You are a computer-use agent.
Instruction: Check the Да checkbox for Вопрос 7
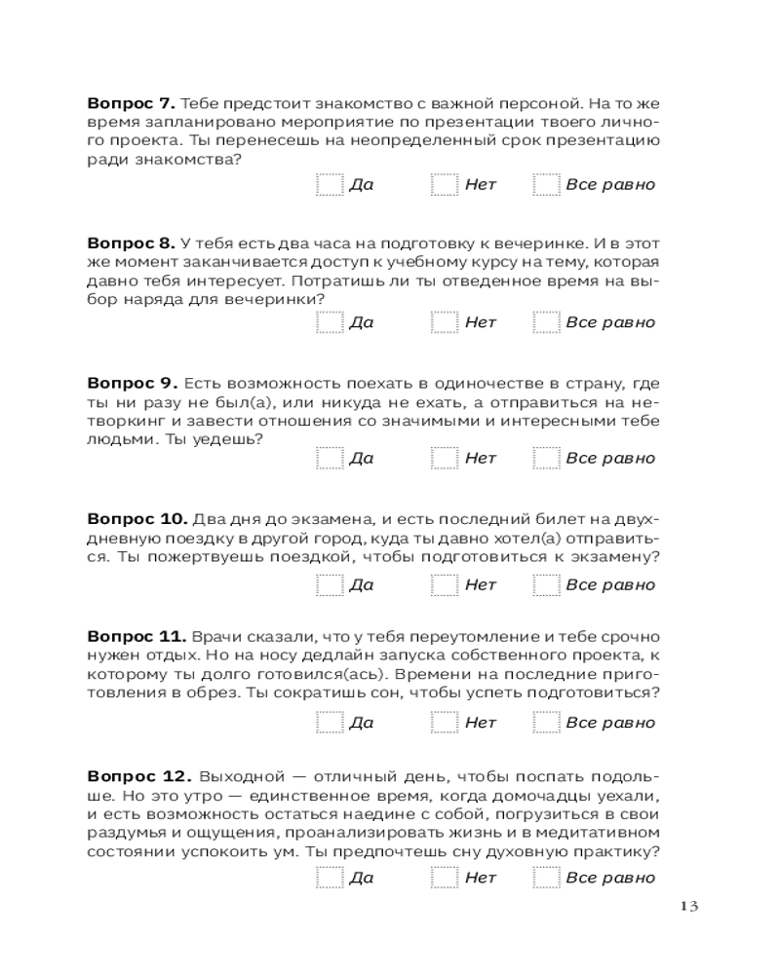(x=330, y=185)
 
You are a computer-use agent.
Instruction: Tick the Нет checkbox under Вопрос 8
(x=446, y=322)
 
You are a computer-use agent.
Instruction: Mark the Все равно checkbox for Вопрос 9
(x=546, y=459)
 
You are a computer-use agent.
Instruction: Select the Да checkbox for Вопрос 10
(x=330, y=585)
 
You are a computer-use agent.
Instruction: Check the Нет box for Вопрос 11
(x=446, y=723)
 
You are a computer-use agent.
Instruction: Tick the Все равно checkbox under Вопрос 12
(x=546, y=879)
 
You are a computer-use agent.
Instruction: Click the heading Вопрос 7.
(x=130, y=102)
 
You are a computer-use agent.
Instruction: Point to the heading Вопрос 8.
(x=130, y=241)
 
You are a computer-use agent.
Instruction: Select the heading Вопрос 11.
(x=134, y=636)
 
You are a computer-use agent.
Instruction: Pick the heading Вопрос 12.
(x=136, y=776)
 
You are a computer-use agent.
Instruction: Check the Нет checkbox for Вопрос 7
(x=446, y=185)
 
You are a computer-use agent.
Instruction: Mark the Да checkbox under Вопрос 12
(x=330, y=879)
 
